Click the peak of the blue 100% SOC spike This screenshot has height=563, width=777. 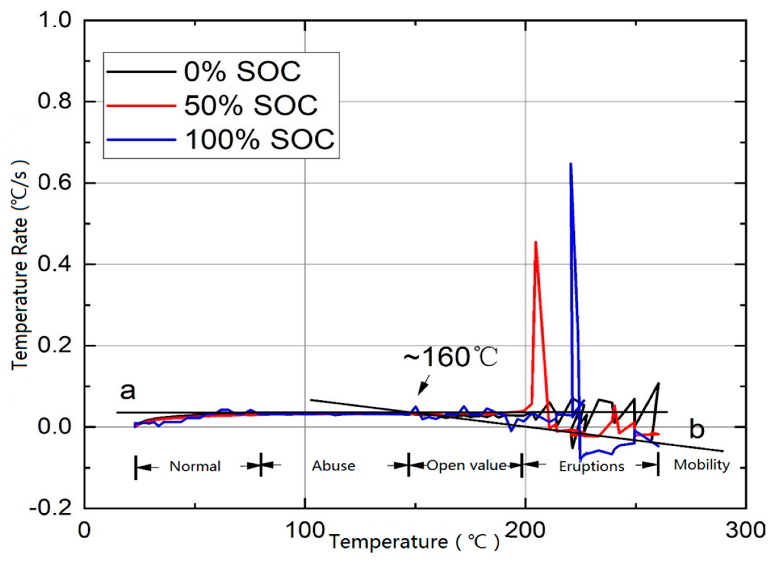point(570,164)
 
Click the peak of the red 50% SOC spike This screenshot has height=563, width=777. point(535,242)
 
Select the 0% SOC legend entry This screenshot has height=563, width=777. point(242,72)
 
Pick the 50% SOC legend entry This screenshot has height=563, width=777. point(251,105)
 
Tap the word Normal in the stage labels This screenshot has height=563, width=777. point(195,467)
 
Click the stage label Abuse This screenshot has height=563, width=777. point(333,466)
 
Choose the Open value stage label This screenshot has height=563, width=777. point(466,465)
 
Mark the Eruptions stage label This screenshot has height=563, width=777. point(591,467)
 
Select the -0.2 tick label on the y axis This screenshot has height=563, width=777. point(51,508)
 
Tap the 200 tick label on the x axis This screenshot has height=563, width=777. point(525,530)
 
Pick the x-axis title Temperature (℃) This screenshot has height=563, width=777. point(414,542)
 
